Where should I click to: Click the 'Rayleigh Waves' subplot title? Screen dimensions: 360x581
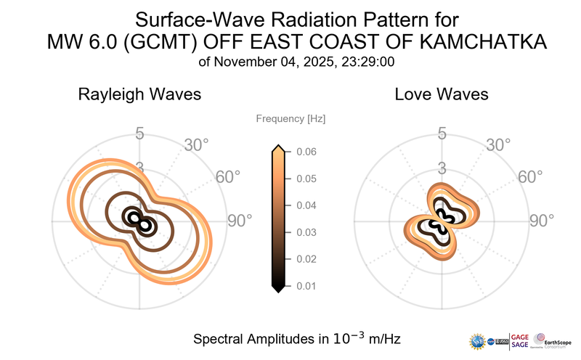139,94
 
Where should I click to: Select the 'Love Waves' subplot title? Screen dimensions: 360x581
441,94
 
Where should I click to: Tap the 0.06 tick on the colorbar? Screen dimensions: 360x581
305,152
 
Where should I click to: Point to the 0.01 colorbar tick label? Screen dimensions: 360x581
305,285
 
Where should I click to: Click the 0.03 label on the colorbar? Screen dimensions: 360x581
305,232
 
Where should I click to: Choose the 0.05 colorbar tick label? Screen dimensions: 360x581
305,179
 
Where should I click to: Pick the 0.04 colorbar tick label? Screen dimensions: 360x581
305,205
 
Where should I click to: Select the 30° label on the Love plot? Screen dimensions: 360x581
498,144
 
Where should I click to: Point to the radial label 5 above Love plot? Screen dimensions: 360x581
441,134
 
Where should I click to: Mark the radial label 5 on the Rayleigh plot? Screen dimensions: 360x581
139,134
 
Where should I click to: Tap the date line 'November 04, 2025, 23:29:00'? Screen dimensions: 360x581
305,62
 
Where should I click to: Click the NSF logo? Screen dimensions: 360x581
479,340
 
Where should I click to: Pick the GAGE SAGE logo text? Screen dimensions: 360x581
521,340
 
